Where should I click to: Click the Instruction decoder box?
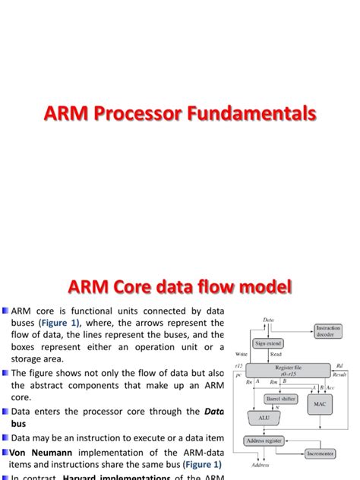(327, 331)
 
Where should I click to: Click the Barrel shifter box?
(280, 398)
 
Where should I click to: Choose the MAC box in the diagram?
(321, 405)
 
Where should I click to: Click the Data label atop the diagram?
(268, 320)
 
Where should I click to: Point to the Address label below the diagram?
(257, 466)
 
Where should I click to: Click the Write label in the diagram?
(242, 354)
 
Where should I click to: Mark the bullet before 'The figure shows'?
(5, 372)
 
